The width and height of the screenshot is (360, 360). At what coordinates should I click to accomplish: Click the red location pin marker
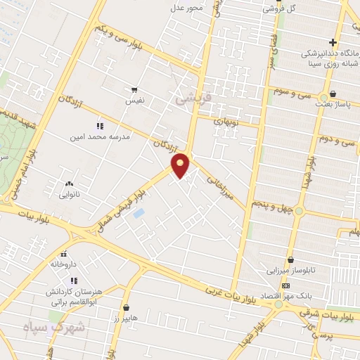tap(181, 165)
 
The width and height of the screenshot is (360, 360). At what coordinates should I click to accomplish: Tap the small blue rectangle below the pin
tap(139, 212)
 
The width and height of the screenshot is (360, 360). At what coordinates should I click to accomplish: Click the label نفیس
tap(134, 101)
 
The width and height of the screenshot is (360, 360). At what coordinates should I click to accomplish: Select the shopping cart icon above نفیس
tap(134, 90)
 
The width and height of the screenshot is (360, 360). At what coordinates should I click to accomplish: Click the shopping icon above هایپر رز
tap(126, 307)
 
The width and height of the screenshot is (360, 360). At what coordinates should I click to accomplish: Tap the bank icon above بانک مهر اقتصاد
tap(285, 285)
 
